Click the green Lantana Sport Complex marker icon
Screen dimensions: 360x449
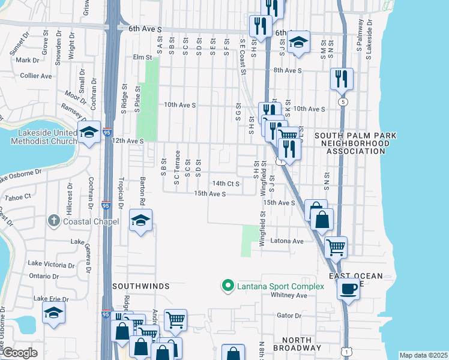[x=228, y=286]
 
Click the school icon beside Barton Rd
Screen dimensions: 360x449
[x=140, y=221]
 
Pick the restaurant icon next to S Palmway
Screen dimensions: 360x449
[x=341, y=78]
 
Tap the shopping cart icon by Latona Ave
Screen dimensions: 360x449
[x=336, y=246]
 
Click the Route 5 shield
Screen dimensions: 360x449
[x=342, y=102]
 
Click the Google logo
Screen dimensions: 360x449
[x=20, y=353]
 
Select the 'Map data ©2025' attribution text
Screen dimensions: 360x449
[x=423, y=355]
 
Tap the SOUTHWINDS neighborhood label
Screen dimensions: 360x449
[x=140, y=287]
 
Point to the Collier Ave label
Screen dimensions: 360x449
[x=36, y=76]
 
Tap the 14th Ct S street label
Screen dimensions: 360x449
[x=226, y=183]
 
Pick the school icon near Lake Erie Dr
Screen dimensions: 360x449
[x=53, y=313]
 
